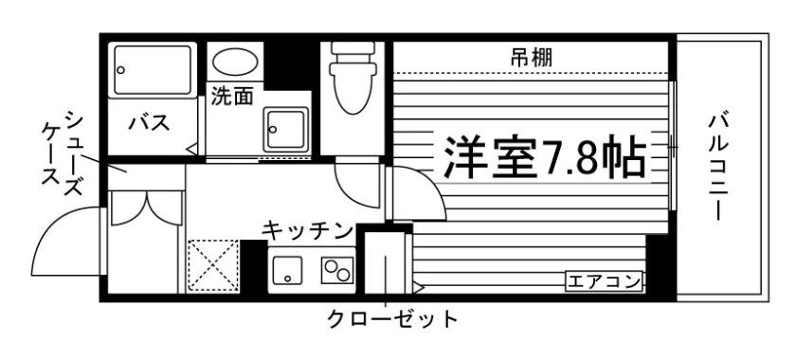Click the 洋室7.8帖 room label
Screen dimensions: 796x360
(545, 157)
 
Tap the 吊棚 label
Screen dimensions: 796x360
(531, 59)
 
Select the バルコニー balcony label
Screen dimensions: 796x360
(718, 169)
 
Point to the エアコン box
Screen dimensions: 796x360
(605, 281)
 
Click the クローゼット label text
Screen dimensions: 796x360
(392, 319)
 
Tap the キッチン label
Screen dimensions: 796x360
(308, 230)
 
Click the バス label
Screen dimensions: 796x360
(149, 123)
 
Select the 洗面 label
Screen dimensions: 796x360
(232, 96)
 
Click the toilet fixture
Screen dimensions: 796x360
(353, 77)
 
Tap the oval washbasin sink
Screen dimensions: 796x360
(235, 62)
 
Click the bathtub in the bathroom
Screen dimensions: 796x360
(153, 69)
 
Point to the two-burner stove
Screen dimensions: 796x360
(337, 270)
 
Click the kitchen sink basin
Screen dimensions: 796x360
(287, 270)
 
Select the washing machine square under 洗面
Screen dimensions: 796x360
(286, 129)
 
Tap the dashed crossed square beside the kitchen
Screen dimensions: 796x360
(213, 265)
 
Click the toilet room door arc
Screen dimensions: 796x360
(351, 191)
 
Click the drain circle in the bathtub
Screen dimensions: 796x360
(121, 70)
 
